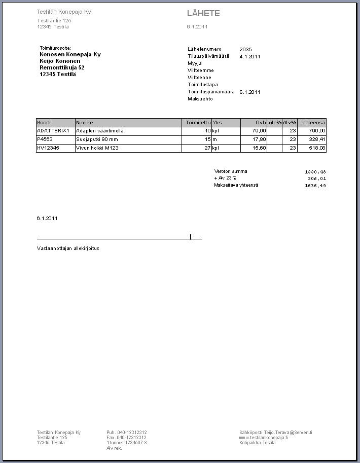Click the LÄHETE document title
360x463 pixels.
[x=203, y=14]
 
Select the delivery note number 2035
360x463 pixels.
[x=245, y=49]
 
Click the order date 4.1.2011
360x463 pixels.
[x=250, y=57]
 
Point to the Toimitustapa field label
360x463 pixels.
[x=203, y=85]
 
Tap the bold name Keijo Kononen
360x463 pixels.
[x=60, y=61]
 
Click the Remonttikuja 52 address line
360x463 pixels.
[x=62, y=67]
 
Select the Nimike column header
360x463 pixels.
[x=85, y=123]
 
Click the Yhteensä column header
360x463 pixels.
[x=313, y=123]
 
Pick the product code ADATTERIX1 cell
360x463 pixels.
[x=53, y=131]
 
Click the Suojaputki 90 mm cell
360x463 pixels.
[x=97, y=139]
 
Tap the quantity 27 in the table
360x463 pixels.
[x=207, y=148]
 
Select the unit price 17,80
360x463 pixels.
[x=260, y=139]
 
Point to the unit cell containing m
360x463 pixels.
[x=214, y=139]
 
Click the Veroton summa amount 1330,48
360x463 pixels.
[x=315, y=172]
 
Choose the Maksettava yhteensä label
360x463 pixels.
[x=236, y=185]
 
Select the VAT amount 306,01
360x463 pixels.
[x=316, y=179]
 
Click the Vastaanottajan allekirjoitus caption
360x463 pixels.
[x=68, y=248]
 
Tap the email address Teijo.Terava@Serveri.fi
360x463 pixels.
[x=276, y=433]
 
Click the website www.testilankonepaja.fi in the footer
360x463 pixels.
[x=264, y=438]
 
